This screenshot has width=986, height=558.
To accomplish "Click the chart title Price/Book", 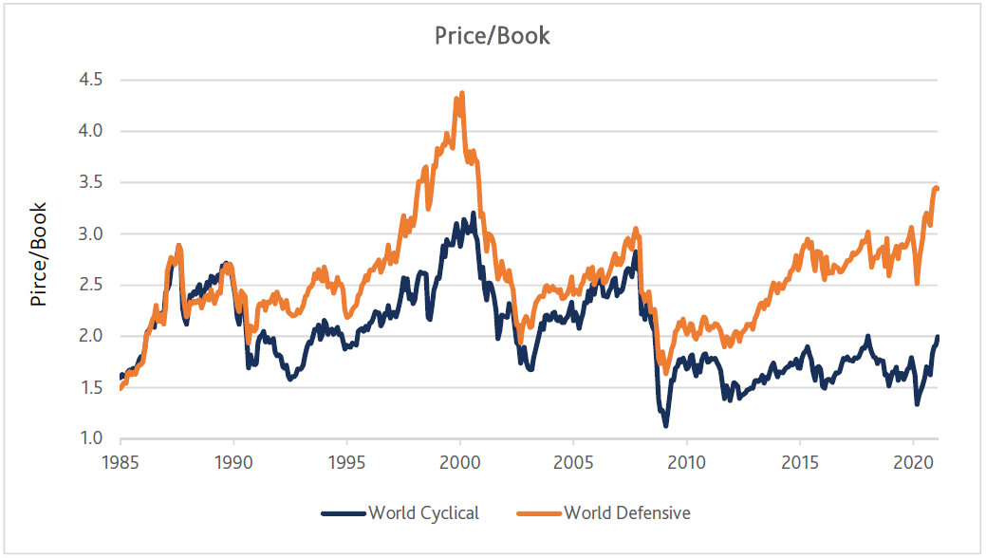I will (492, 36).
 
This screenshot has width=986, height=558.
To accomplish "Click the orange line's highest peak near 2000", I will (461, 94).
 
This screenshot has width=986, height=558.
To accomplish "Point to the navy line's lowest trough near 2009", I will (665, 424).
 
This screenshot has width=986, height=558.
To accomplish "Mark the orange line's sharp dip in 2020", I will (917, 282).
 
